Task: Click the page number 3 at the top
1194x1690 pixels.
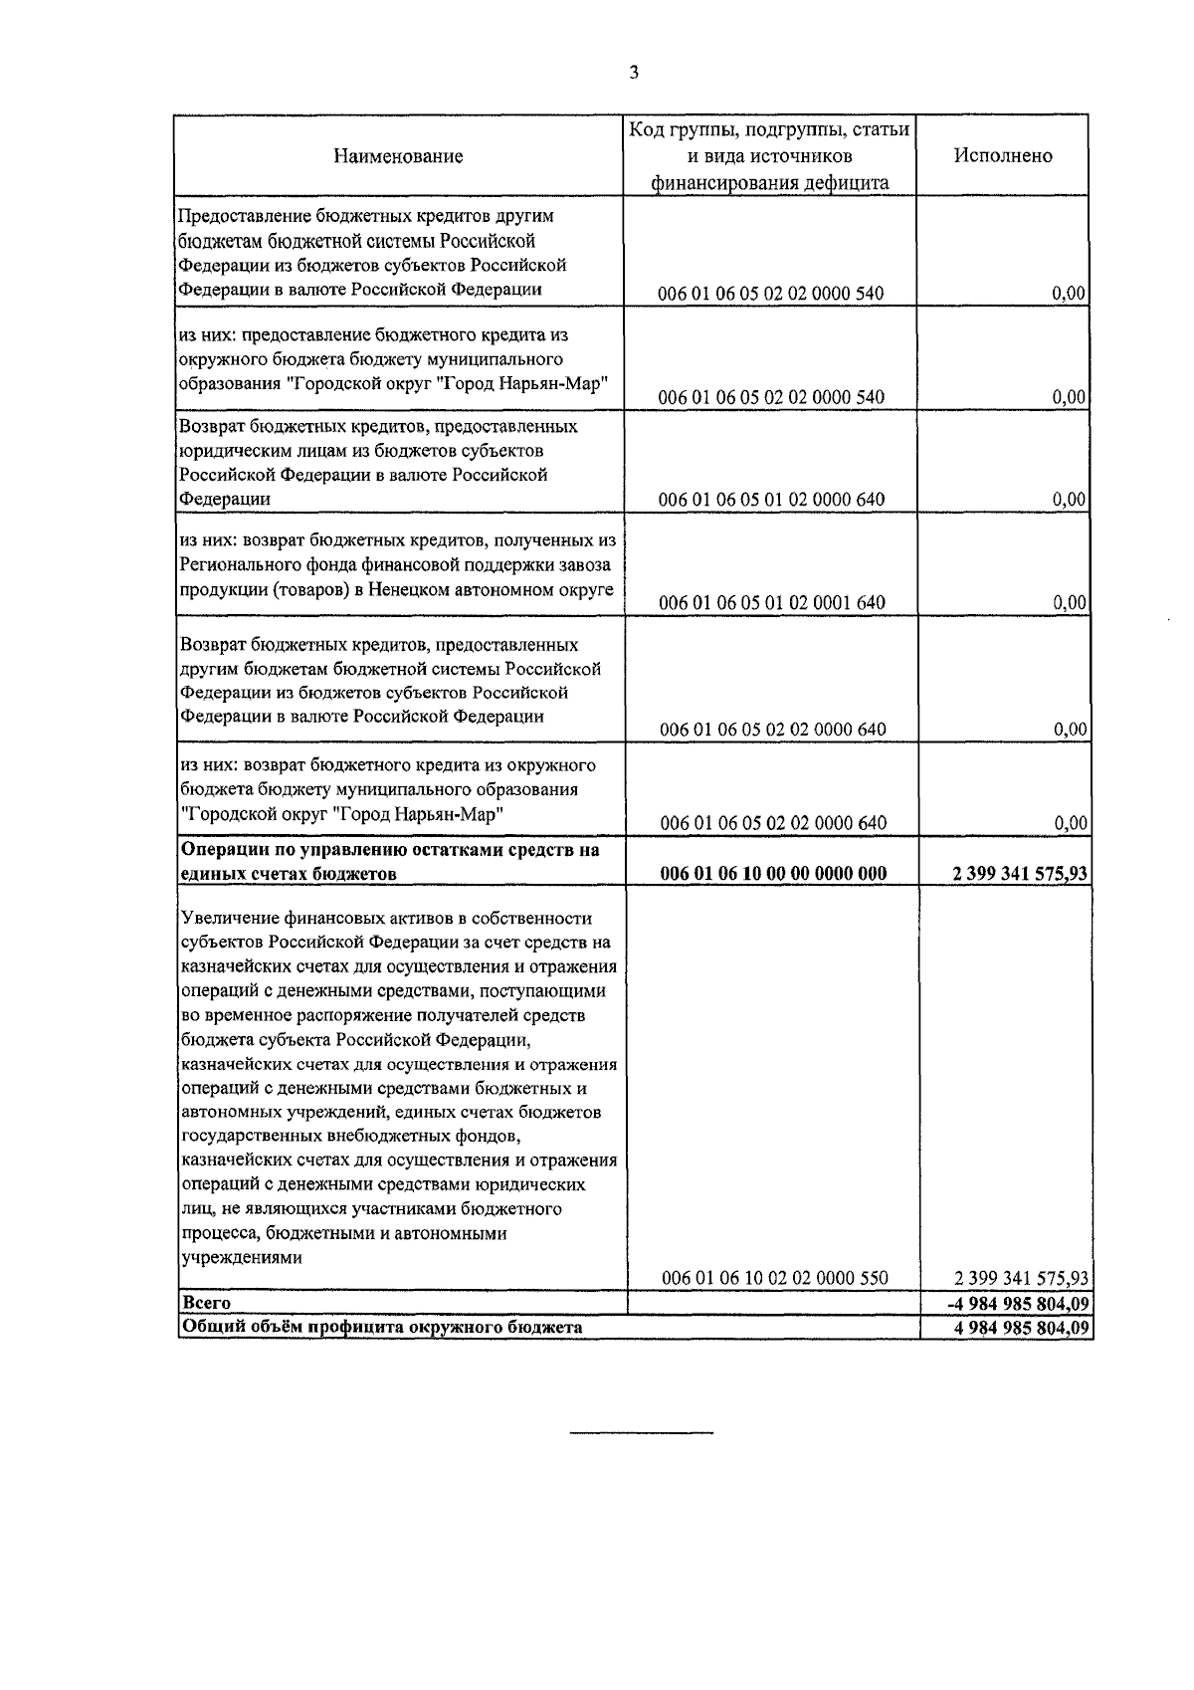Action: tap(634, 72)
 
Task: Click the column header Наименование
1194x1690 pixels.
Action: tap(398, 156)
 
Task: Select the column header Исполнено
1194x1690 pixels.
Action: tap(1003, 156)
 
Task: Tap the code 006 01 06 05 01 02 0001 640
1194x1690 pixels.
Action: tap(772, 603)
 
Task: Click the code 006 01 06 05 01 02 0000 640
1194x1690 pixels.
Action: tap(772, 500)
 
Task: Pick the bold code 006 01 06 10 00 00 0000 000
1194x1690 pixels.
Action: tap(772, 874)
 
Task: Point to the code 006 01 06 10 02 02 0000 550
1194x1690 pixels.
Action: tap(774, 1278)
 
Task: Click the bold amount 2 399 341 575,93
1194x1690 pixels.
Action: tap(1019, 874)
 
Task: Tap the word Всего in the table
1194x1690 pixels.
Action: tap(206, 1303)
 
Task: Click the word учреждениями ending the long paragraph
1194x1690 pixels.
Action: tap(240, 1258)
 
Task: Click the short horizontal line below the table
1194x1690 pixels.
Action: tap(642, 1432)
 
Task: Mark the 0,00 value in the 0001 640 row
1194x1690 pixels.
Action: tap(1069, 603)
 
